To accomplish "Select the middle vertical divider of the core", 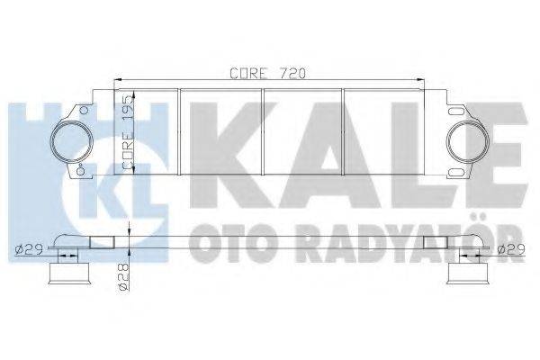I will click(263, 133).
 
